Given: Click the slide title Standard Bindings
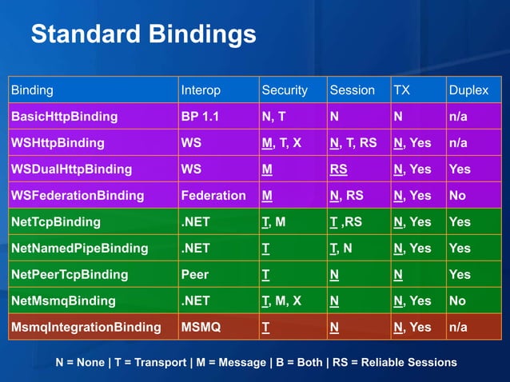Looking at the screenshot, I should [143, 35].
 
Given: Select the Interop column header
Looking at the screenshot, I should [201, 90].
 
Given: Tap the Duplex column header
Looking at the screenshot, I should [468, 90].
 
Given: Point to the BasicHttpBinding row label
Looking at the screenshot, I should [64, 117].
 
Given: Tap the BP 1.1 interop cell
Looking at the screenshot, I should [199, 117].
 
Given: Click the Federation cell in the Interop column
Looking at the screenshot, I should [213, 196].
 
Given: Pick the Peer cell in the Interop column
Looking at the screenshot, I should [195, 275].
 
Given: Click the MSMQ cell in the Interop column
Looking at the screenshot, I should [200, 328].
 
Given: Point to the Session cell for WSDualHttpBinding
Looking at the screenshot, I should [338, 169].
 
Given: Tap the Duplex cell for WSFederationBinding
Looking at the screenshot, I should [458, 196].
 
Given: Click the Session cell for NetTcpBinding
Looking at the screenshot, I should [345, 222].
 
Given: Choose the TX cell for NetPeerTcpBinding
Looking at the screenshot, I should [397, 275].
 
